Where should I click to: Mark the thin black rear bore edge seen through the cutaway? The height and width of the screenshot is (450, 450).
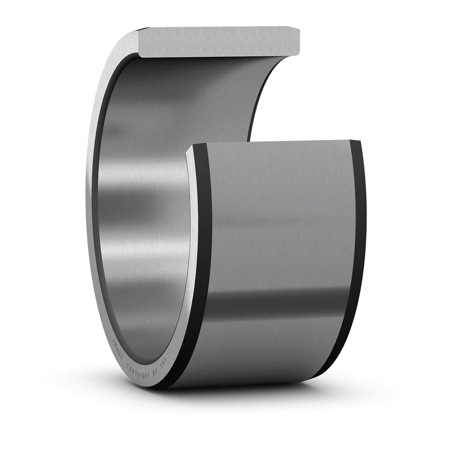pyautogui.click(x=256, y=107)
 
